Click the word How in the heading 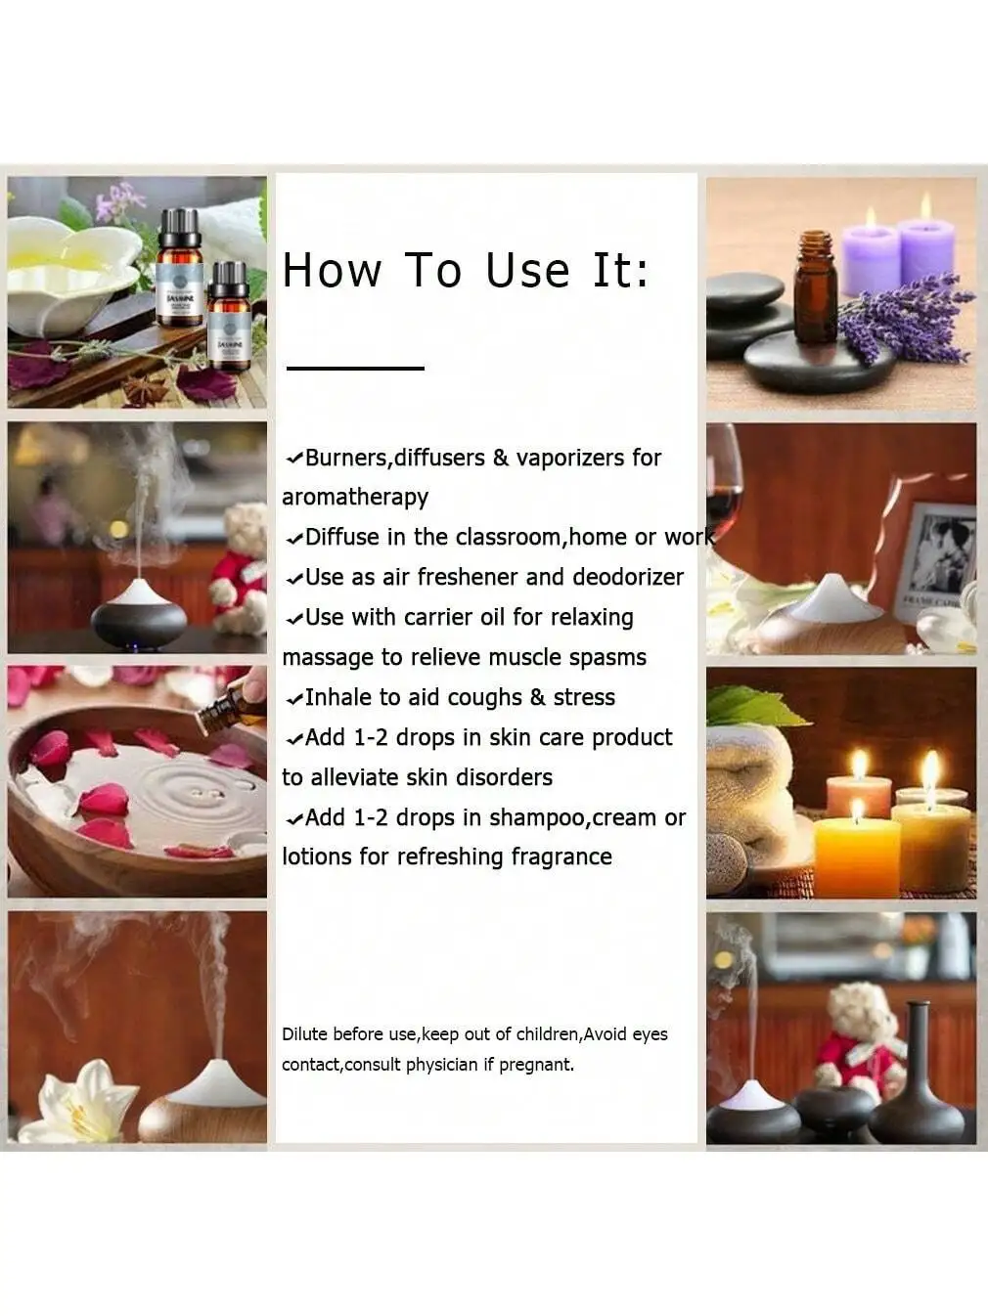(332, 271)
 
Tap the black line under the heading (355, 369)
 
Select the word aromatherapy (355, 497)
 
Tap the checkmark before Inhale (293, 699)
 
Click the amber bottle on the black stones (816, 287)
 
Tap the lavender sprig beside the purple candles (905, 318)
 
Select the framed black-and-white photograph (937, 557)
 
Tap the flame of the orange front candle (857, 810)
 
